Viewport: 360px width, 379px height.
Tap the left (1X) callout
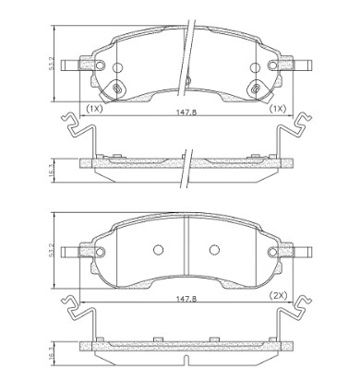94,108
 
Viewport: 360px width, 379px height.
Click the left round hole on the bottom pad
157,249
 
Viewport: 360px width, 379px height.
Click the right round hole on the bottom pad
214,249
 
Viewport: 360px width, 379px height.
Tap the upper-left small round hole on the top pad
117,67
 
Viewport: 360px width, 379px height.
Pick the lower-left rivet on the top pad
117,89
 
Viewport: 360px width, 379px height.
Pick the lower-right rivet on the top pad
256,89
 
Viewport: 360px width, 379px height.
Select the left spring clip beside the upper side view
76,136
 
